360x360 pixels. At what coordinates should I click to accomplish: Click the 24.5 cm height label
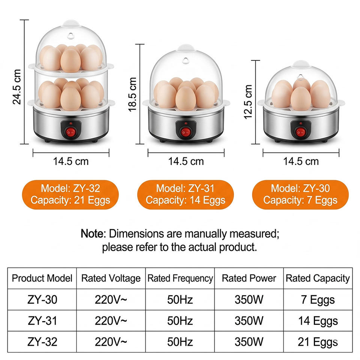click(x=17, y=87)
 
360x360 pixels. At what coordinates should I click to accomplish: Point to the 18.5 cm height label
click(x=132, y=94)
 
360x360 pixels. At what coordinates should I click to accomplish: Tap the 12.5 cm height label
click(x=248, y=102)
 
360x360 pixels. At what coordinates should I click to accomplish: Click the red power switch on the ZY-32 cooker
click(x=71, y=132)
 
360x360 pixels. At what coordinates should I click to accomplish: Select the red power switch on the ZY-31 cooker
click(x=186, y=132)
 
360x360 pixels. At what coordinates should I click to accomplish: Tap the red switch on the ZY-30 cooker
click(x=301, y=132)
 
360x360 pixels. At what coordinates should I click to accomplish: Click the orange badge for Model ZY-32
click(x=70, y=195)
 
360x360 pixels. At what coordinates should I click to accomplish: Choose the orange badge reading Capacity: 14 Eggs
click(x=186, y=195)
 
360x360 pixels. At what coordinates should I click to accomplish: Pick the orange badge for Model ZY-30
click(x=300, y=195)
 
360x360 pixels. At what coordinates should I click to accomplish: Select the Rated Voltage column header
click(x=111, y=278)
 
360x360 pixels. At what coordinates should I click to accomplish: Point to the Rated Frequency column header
click(x=180, y=279)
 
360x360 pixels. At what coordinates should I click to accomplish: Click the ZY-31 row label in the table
click(x=42, y=321)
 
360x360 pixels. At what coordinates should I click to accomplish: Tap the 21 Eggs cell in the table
click(x=318, y=342)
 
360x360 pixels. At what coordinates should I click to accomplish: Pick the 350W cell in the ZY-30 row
click(x=249, y=300)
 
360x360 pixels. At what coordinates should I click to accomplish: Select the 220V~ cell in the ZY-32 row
click(x=111, y=342)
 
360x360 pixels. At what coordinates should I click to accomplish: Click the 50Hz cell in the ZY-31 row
click(x=180, y=321)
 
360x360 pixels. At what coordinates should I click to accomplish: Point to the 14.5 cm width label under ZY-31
click(x=186, y=161)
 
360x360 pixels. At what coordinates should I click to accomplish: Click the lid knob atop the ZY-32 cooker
click(x=71, y=23)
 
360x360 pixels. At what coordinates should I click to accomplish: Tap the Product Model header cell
click(x=42, y=278)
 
